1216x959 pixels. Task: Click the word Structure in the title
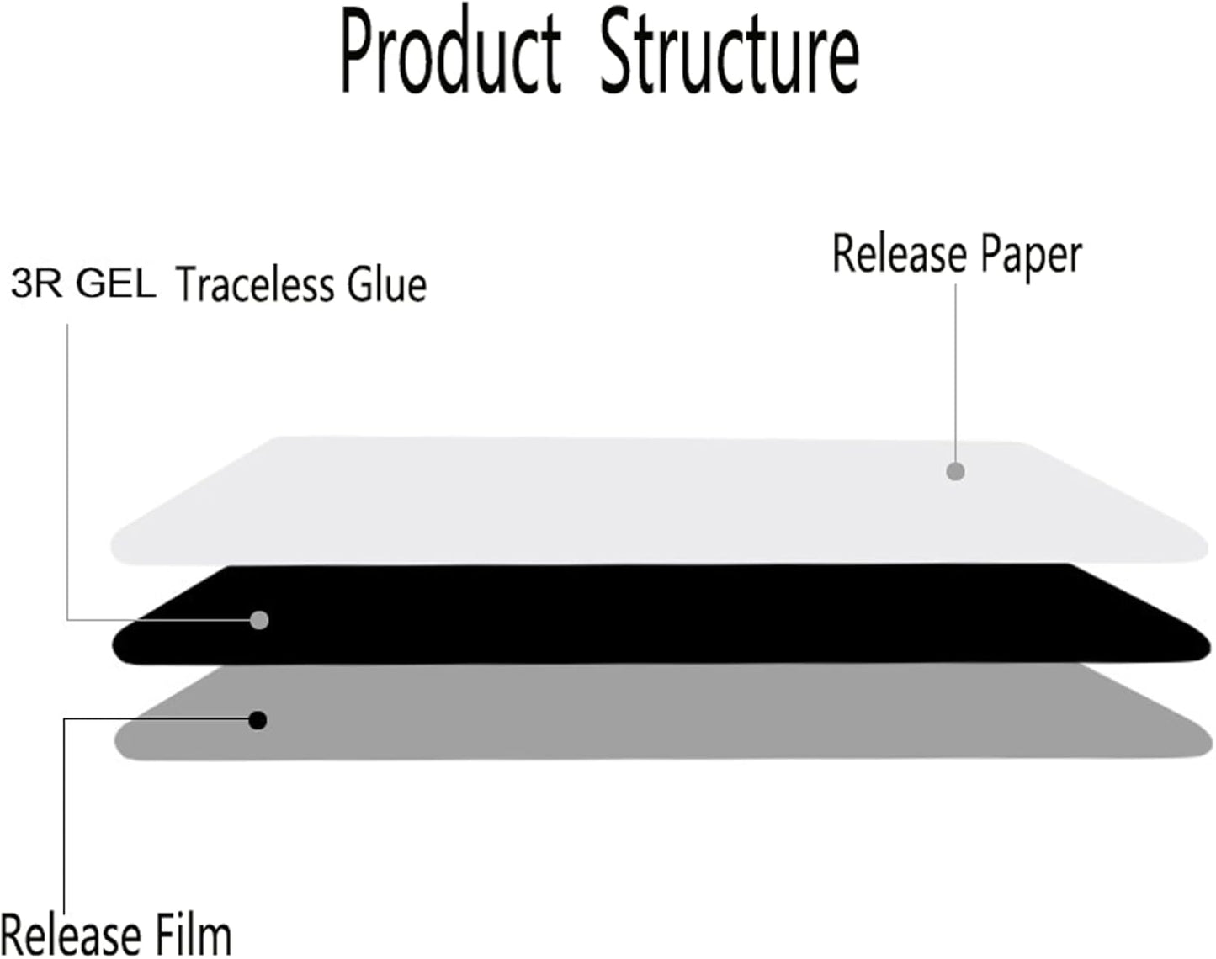click(730, 56)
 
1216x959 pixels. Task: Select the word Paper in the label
click(1031, 257)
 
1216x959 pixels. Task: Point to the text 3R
click(36, 283)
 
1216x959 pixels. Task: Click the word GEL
click(116, 283)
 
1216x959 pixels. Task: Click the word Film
click(193, 936)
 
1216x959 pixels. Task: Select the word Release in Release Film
click(71, 936)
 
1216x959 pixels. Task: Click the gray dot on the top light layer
click(955, 472)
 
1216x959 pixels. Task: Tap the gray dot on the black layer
click(259, 620)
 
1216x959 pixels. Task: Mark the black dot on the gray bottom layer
click(258, 721)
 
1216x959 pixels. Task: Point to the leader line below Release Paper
click(955, 373)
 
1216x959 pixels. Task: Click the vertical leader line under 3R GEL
click(68, 472)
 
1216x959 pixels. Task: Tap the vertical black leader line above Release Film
click(65, 815)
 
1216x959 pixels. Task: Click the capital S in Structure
click(619, 56)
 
